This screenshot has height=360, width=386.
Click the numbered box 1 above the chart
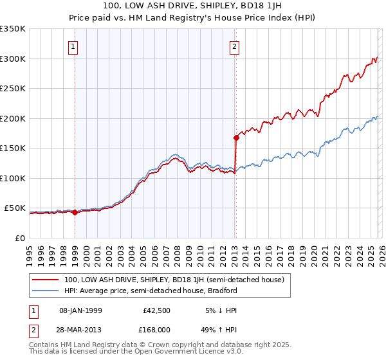click(x=74, y=46)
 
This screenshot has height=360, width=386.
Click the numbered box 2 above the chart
click(x=235, y=46)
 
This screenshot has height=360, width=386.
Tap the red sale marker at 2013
click(x=236, y=137)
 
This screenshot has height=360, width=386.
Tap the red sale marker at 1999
click(x=75, y=213)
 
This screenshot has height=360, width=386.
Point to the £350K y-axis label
click(x=13, y=29)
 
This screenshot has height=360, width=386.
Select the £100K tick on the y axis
click(x=13, y=178)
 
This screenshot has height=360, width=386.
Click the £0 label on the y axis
click(x=21, y=238)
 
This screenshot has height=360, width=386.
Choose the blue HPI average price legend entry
click(x=151, y=291)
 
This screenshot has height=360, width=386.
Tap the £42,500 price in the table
click(x=154, y=310)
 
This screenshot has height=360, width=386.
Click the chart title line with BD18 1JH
click(x=193, y=6)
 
